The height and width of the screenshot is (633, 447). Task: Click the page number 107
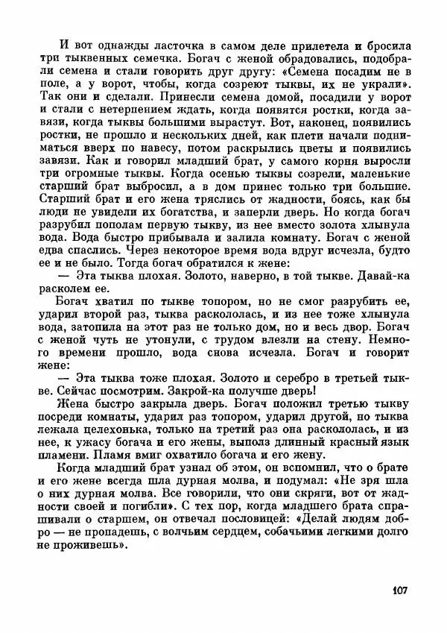(396, 592)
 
